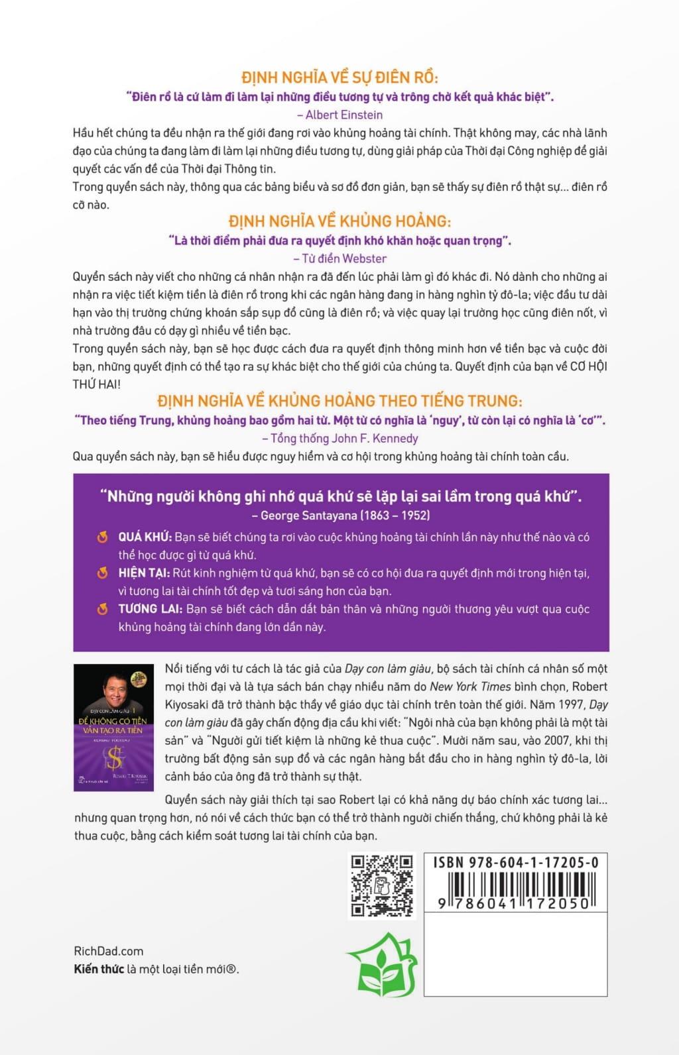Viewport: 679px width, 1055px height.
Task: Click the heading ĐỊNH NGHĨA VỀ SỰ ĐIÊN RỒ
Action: click(x=339, y=77)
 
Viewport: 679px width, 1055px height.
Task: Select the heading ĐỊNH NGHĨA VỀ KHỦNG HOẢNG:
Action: click(x=339, y=221)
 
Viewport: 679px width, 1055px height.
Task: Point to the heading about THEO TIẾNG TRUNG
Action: click(x=339, y=401)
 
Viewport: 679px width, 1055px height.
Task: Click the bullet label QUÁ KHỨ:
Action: click(x=145, y=537)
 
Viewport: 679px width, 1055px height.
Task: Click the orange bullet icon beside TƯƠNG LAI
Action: click(x=102, y=608)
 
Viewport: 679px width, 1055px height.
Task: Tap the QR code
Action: click(x=381, y=885)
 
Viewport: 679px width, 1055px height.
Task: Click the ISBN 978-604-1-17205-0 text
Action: click(x=515, y=862)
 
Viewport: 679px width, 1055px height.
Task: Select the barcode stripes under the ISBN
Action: click(x=515, y=885)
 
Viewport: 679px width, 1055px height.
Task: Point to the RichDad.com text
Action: click(x=108, y=951)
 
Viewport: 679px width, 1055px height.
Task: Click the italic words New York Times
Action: click(x=470, y=687)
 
